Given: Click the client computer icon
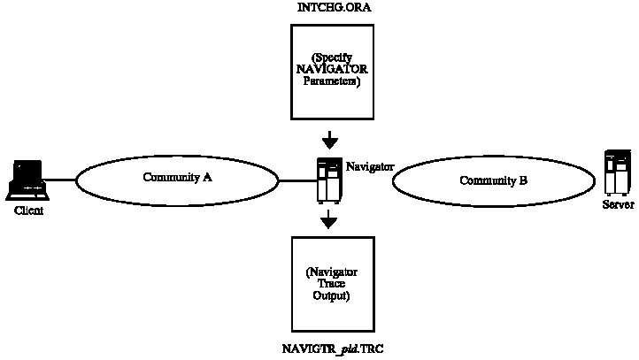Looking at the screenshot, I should click(27, 180).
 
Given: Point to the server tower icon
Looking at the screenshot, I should click(617, 173).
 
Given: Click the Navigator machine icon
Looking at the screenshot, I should click(328, 180).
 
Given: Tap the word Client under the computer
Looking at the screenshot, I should click(28, 212).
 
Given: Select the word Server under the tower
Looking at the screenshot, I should click(618, 204).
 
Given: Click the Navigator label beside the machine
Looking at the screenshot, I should click(369, 165).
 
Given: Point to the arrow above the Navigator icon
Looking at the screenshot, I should click(328, 139).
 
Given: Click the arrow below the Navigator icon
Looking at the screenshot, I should click(328, 219).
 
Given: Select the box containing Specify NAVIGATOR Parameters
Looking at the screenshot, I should click(328, 71).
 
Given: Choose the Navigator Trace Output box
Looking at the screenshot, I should click(328, 283).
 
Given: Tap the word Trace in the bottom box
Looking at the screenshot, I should click(328, 283).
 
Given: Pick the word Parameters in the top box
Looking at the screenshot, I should click(328, 82).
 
